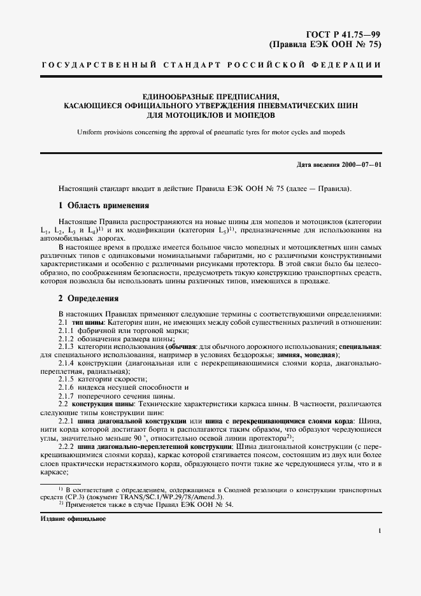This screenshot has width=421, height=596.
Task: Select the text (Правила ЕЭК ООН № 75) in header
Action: click(x=327, y=45)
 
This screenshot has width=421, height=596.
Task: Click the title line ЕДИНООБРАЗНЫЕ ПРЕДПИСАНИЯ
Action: click(x=211, y=96)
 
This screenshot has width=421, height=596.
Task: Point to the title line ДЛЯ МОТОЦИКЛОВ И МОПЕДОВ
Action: click(x=211, y=116)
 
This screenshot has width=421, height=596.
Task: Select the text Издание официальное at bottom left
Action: click(x=72, y=519)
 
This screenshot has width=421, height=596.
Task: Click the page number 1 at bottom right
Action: click(x=379, y=530)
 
